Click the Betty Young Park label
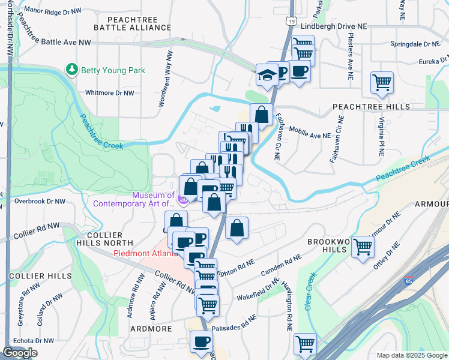[113, 70]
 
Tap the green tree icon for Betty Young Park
[73, 70]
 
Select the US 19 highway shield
[291, 21]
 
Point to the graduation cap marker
[265, 74]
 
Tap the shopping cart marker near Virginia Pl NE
[382, 82]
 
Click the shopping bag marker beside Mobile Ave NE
[262, 113]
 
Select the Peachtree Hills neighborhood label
[371, 106]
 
